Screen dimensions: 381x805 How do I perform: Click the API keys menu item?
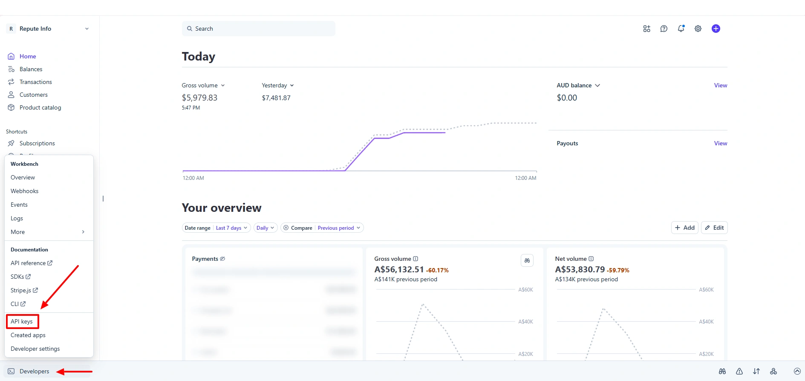[x=22, y=321]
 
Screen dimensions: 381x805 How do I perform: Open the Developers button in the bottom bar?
[x=34, y=371]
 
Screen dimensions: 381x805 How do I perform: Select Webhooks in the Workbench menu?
[x=24, y=191]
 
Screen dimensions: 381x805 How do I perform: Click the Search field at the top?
[x=258, y=29]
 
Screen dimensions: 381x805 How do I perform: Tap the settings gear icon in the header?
[x=698, y=29]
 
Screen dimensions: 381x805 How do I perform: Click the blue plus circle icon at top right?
[x=716, y=29]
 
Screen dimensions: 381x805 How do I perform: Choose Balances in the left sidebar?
[x=31, y=69]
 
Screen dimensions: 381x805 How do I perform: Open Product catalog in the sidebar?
[x=40, y=107]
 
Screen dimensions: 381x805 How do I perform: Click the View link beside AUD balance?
[x=720, y=85]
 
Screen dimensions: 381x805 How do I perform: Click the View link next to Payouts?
[x=720, y=143]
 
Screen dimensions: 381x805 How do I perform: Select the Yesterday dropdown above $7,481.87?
[x=277, y=85]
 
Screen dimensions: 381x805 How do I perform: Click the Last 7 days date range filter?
[x=231, y=228]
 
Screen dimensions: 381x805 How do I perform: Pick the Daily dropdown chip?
[x=265, y=228]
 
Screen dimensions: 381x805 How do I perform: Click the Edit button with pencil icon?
[x=714, y=228]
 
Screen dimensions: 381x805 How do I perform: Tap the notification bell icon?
[x=681, y=29]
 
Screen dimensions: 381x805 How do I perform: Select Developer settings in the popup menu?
[x=35, y=349]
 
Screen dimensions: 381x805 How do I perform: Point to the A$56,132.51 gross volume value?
[x=399, y=269]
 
